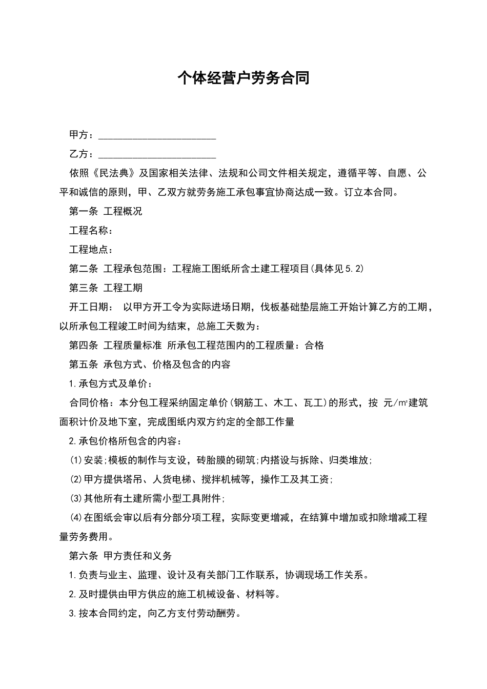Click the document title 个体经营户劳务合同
[243, 78]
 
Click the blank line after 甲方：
[157, 136]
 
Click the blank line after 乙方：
[157, 155]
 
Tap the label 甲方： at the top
[82, 135]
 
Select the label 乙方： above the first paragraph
[82, 154]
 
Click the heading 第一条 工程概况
[106, 211]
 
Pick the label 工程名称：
[91, 231]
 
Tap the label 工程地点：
[91, 250]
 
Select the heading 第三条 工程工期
[106, 288]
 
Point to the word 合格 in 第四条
[314, 346]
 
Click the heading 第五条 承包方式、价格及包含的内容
[150, 364]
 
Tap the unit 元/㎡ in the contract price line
[396, 403]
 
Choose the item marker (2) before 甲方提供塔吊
[76, 479]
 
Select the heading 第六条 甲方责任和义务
[120, 556]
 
